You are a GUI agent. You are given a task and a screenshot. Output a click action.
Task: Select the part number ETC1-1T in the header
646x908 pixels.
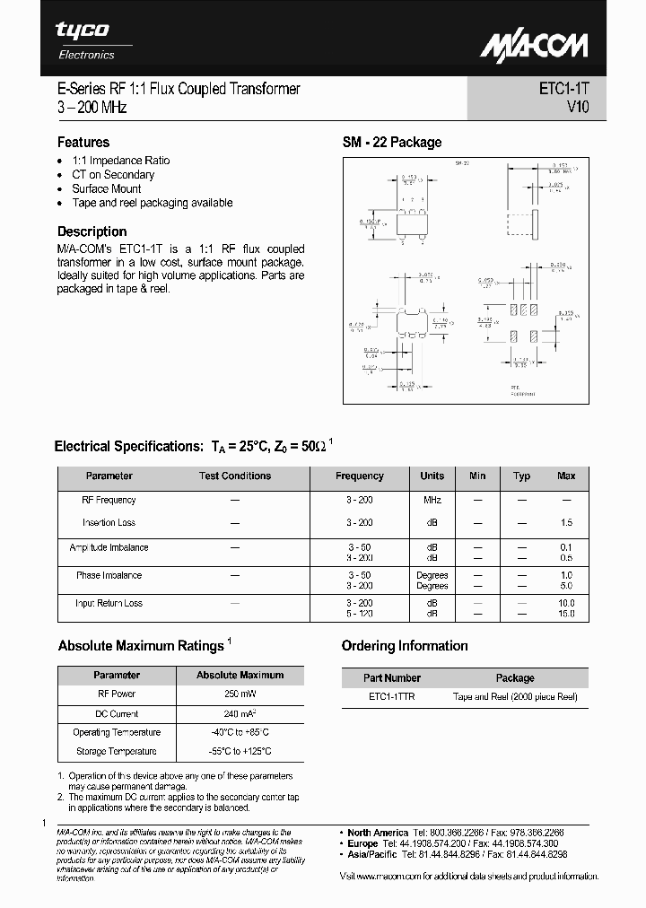pos(564,89)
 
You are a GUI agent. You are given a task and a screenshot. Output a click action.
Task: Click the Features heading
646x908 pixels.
pos(83,142)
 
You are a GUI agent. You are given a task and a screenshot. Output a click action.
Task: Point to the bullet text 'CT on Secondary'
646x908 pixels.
pos(113,175)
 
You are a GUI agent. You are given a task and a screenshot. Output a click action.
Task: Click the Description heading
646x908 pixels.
pos(92,231)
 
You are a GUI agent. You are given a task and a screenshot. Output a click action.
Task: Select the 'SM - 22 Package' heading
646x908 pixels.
pos(392,142)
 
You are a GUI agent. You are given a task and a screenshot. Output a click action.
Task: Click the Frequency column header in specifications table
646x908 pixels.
pos(359,476)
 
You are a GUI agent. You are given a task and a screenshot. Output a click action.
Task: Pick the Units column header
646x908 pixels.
pos(432,476)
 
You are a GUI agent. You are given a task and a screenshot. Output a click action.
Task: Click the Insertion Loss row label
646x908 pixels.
pos(109,522)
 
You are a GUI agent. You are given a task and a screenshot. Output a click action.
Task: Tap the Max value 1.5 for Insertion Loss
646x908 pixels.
pos(566,522)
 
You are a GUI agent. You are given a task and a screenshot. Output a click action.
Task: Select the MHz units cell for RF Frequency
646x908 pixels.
pos(432,500)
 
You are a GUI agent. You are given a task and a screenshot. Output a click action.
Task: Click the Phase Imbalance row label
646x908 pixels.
pos(109,575)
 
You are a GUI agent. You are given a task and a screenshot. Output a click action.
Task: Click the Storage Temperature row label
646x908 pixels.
pos(117,751)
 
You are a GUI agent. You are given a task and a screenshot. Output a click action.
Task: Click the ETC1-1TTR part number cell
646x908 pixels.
pos(392,696)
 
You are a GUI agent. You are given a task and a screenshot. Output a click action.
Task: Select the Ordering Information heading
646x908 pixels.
pos(405,646)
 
